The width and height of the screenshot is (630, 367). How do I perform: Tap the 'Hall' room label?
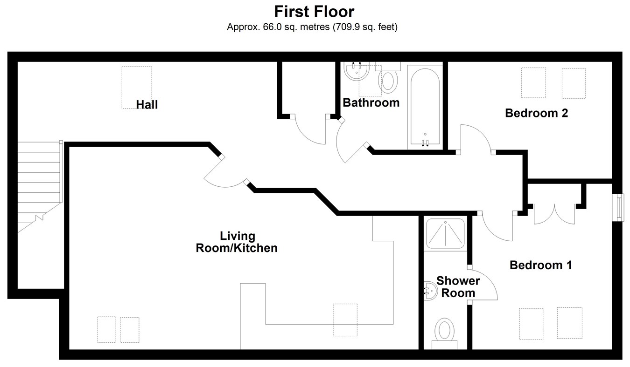[x=147, y=105]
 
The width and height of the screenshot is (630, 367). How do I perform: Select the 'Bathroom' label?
[x=371, y=102]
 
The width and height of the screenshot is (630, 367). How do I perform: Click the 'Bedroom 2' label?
[x=536, y=113]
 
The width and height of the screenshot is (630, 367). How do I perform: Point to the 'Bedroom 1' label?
[x=540, y=265]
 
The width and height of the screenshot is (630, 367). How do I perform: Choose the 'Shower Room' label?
[x=458, y=287]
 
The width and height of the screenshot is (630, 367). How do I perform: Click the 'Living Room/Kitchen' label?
[x=237, y=242]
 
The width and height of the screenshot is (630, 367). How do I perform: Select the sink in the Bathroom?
[x=357, y=71]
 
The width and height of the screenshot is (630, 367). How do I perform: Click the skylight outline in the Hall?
[x=137, y=87]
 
